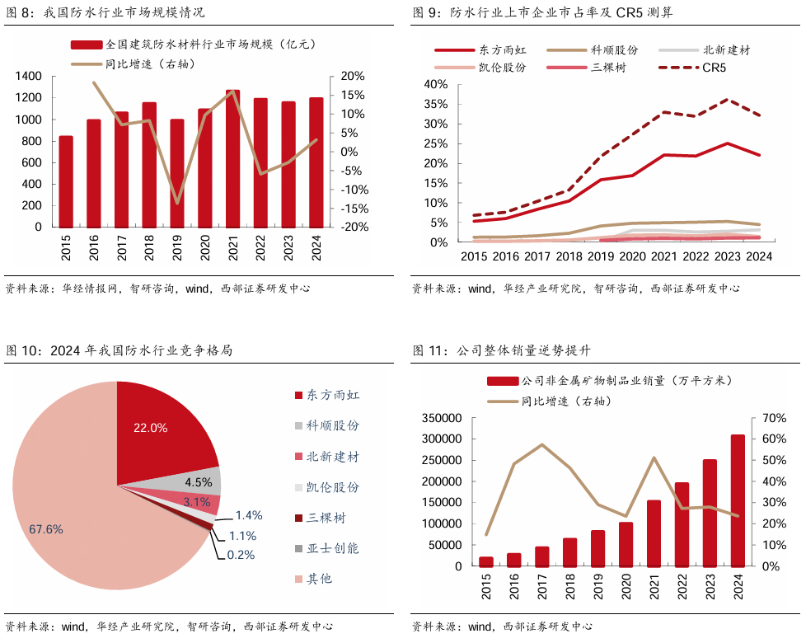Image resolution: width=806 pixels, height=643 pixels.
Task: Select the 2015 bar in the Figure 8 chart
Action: pos(66,181)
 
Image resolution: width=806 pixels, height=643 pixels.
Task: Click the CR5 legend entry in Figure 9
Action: pos(691,68)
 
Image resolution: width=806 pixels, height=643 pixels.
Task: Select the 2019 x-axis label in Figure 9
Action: pos(601,256)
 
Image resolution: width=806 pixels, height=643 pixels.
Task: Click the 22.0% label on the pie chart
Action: pos(151,428)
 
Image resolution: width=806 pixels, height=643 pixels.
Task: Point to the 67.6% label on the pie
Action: pos(45,529)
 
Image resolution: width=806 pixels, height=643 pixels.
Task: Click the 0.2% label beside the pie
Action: pos(241,555)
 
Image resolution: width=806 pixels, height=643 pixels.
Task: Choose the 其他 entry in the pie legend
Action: pos(319,579)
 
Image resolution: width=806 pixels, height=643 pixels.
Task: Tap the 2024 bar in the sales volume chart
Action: pos(738,500)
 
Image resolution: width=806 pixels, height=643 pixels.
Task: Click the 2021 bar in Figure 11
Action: pos(654,533)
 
